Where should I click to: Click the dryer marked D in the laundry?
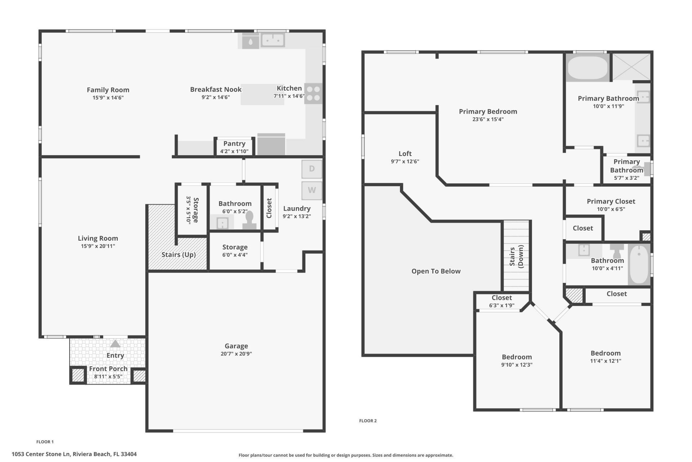[312, 169]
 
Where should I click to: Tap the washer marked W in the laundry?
[312, 190]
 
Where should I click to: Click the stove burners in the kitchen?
[313, 93]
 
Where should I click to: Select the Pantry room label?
[234, 144]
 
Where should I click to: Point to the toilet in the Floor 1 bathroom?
[249, 220]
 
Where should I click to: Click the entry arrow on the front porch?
[115, 344]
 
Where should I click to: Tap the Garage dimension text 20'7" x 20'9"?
[236, 354]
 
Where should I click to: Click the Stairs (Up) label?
[178, 254]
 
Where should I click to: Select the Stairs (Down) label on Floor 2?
[516, 256]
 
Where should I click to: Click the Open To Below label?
[436, 271]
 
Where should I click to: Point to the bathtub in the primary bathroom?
[587, 67]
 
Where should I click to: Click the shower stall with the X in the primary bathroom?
[631, 67]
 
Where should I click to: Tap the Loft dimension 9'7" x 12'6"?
[405, 161]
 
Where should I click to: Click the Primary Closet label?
[611, 201]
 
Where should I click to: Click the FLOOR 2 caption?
[368, 420]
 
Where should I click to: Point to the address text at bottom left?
[74, 454]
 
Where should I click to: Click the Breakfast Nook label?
[216, 90]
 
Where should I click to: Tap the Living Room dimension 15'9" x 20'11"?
[98, 246]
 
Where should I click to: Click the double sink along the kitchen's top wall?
[273, 40]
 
